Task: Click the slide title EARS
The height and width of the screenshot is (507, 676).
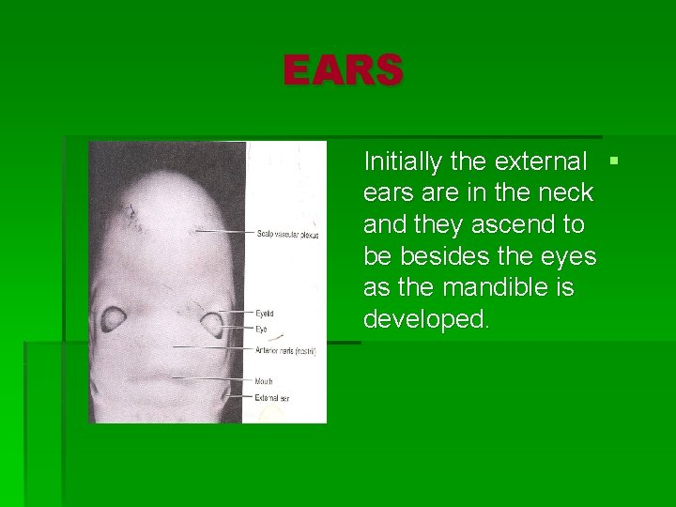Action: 344,70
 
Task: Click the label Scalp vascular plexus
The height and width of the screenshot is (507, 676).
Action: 287,233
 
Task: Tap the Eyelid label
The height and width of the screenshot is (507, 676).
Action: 265,313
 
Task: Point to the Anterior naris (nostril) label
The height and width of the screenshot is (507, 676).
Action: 285,350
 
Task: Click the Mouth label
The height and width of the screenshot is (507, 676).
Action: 264,381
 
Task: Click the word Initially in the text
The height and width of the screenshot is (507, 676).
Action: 404,161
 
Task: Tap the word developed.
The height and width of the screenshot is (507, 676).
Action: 426,319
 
